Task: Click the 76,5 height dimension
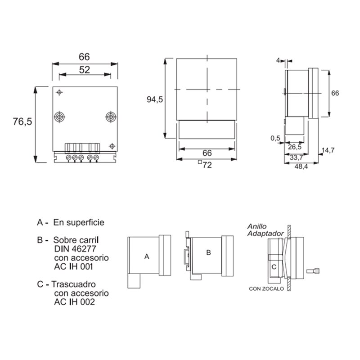click(22, 121)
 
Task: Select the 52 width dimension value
click(85, 70)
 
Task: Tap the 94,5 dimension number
click(155, 99)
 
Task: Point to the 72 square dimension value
click(207, 165)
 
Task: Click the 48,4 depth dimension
click(301, 166)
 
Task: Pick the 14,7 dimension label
click(328, 150)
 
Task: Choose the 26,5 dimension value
click(295, 147)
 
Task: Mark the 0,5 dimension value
click(275, 138)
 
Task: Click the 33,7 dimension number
click(296, 157)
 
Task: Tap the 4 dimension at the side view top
click(278, 60)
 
